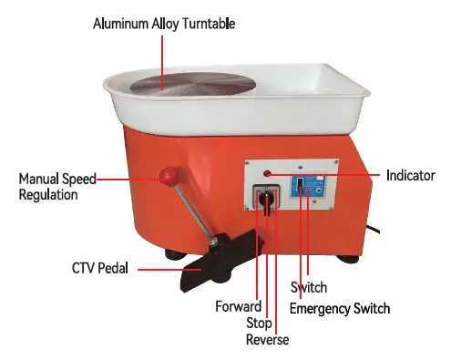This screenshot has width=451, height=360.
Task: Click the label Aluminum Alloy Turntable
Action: click(163, 24)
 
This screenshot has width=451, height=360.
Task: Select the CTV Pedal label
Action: click(100, 269)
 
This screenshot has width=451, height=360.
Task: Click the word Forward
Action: click(239, 306)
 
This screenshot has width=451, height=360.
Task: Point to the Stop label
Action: click(259, 323)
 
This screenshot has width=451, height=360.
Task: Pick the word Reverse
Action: click(267, 340)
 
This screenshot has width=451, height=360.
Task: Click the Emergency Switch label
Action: click(339, 308)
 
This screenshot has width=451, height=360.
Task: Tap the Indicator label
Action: click(410, 175)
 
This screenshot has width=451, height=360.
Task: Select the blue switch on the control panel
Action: click(298, 188)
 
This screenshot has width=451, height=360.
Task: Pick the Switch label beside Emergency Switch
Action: click(309, 288)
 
